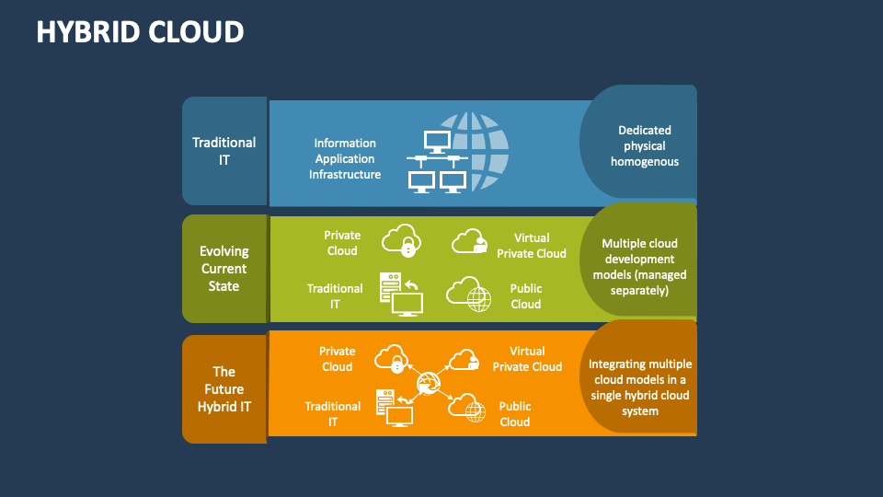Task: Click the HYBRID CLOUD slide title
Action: tap(141, 31)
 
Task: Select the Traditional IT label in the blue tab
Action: tap(224, 151)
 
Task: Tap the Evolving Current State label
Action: tap(224, 268)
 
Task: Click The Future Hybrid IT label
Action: tap(224, 388)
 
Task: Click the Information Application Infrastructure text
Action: tap(345, 158)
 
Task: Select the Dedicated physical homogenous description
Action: tap(644, 145)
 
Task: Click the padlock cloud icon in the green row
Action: tap(401, 240)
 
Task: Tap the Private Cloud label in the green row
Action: tap(342, 243)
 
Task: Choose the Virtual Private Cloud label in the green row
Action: tap(532, 246)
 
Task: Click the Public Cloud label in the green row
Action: tap(526, 296)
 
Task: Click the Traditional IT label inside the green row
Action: tap(335, 296)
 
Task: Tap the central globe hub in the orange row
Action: tap(428, 383)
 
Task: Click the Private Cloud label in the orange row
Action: tap(337, 359)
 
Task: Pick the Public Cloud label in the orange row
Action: tap(515, 413)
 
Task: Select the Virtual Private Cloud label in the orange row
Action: tap(527, 359)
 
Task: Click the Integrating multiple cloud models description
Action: tap(640, 387)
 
